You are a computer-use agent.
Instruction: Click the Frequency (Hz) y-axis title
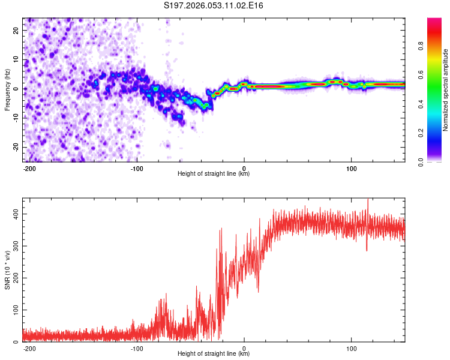point(8,89)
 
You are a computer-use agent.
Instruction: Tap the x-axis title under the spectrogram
point(214,173)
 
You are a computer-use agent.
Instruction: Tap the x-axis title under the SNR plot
point(214,353)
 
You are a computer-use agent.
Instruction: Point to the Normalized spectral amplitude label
point(446,90)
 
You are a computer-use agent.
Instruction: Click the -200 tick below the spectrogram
point(29,167)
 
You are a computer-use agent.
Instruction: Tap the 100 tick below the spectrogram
point(351,167)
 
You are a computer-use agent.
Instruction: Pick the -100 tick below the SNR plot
point(137,347)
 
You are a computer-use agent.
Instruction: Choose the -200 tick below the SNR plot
point(29,347)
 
